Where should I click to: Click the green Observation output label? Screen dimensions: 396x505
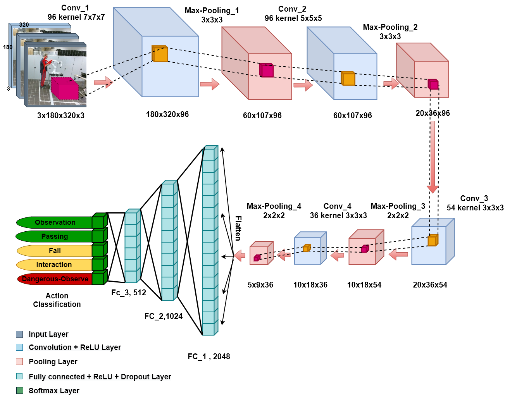[x=55, y=222]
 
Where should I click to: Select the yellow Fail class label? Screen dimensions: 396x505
[x=55, y=251]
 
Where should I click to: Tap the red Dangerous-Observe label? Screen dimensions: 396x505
[x=55, y=279]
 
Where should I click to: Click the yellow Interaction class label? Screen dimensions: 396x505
[x=54, y=265]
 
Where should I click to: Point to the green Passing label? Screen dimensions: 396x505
[x=54, y=236]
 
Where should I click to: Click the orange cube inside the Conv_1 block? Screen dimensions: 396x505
[x=160, y=54]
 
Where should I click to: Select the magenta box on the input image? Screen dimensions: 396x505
[x=65, y=89]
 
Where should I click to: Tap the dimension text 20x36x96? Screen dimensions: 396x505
[x=433, y=113]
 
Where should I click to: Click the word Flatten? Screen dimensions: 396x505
[x=238, y=228]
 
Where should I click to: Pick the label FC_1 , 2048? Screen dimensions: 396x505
[x=209, y=356]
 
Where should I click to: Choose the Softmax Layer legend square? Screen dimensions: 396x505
[x=20, y=391]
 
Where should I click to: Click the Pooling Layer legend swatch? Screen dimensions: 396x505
[x=19, y=362]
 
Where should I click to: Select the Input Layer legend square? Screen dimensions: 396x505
[x=19, y=334]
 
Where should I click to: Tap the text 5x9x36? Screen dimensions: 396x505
[x=260, y=285]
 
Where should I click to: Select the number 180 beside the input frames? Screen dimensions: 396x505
[x=8, y=47]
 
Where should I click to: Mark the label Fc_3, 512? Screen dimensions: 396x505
[x=128, y=293]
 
